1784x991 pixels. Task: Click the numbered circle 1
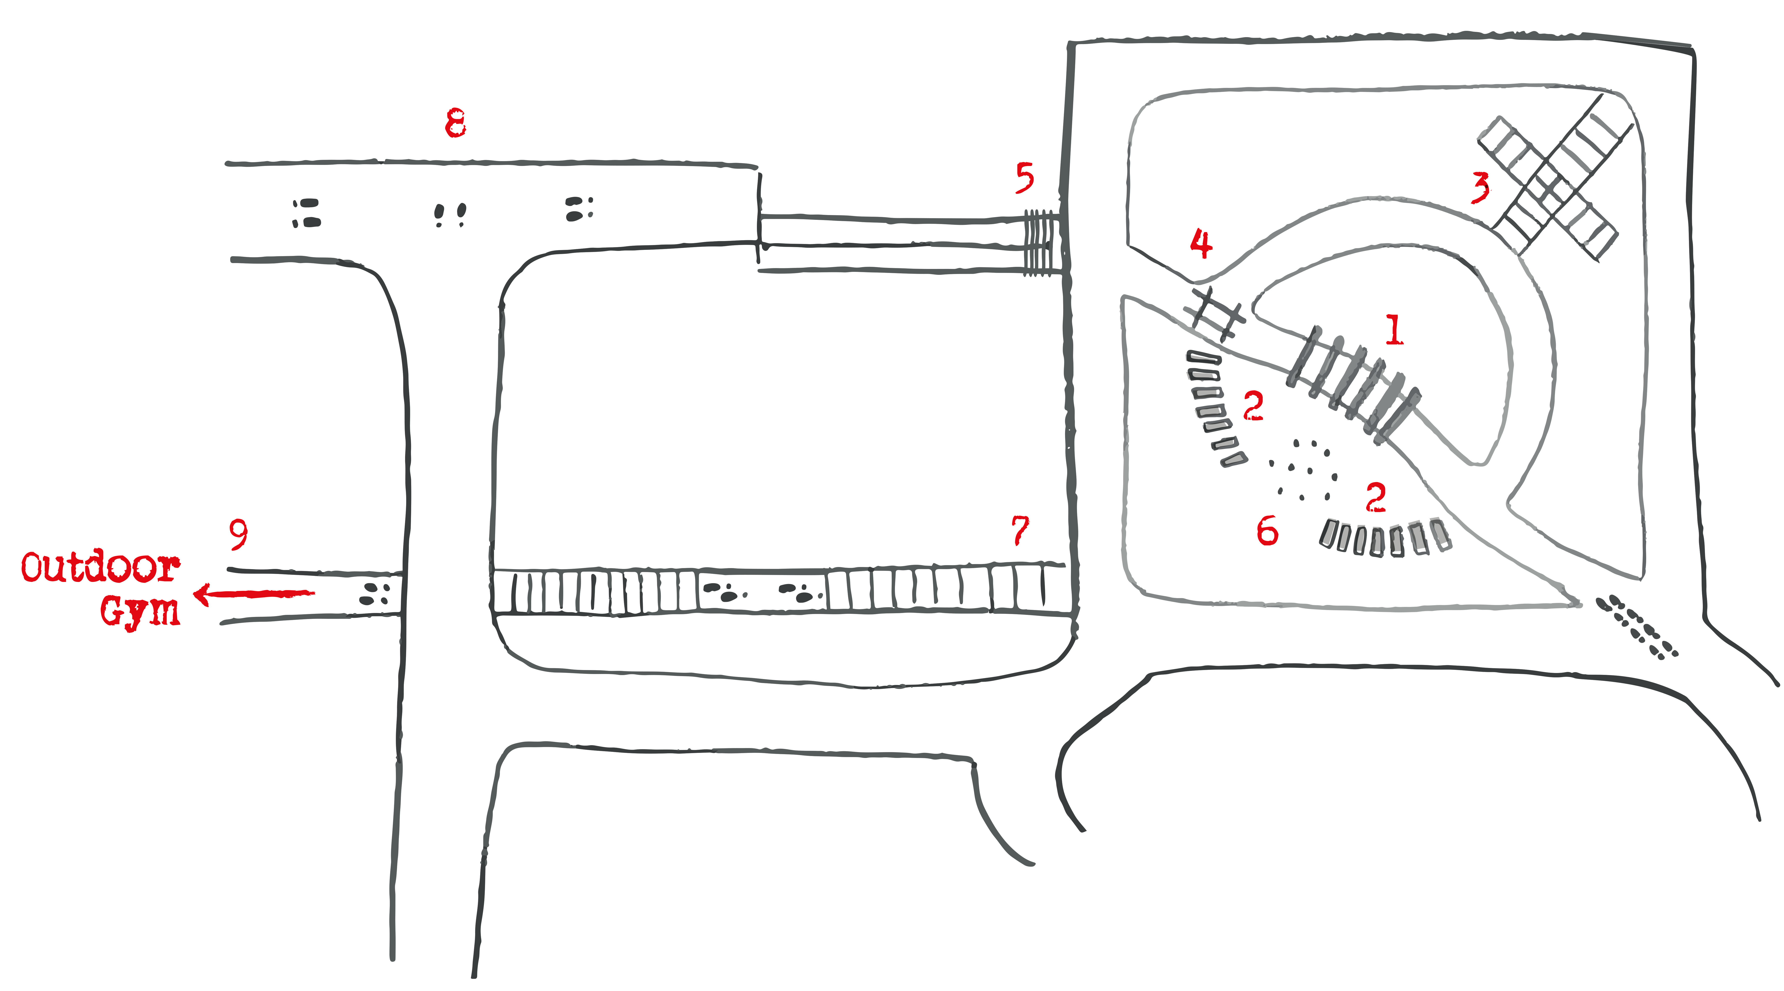tap(1393, 330)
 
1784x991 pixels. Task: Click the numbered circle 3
tap(1479, 188)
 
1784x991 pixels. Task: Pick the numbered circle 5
tap(1024, 178)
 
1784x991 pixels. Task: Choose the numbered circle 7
tap(1020, 532)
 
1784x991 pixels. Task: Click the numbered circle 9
tap(238, 535)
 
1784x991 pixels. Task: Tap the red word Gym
tap(140, 611)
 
